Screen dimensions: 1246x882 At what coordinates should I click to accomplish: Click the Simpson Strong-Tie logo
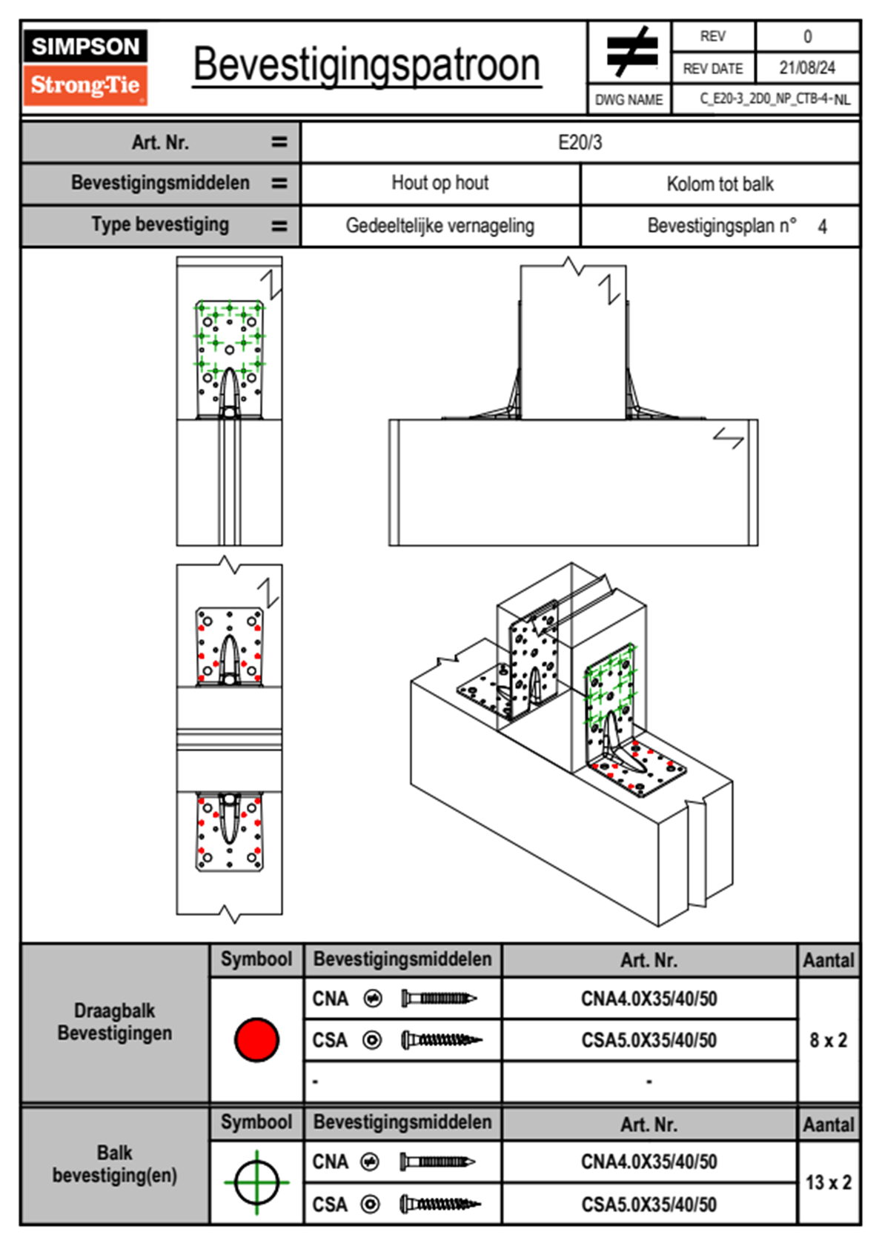click(x=85, y=67)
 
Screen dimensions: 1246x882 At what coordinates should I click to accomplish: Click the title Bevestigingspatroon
click(x=366, y=65)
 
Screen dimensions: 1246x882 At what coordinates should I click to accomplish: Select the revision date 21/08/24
click(x=806, y=68)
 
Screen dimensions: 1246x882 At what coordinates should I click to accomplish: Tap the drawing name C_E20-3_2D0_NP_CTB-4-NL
click(x=775, y=99)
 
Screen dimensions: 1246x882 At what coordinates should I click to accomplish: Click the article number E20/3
click(x=580, y=142)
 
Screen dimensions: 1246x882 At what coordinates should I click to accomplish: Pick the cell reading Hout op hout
click(x=440, y=183)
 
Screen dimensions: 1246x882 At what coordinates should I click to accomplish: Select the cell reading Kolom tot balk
click(x=720, y=184)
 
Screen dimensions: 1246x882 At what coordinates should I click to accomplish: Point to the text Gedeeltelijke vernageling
click(x=440, y=226)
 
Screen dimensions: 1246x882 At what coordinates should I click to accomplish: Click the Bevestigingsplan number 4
click(x=822, y=227)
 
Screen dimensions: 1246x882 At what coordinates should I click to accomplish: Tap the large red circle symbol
click(x=256, y=1039)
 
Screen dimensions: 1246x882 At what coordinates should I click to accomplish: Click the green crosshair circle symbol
click(x=256, y=1182)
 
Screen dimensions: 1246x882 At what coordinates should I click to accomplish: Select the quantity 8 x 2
click(x=828, y=1040)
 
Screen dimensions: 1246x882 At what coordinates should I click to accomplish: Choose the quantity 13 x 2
click(x=828, y=1182)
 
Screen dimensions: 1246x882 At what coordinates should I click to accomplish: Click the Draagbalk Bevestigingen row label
click(x=115, y=1022)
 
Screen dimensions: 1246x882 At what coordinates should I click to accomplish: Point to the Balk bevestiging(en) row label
click(x=115, y=1164)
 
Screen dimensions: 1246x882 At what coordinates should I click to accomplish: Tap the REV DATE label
click(x=712, y=69)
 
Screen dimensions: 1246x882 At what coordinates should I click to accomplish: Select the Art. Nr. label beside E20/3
click(x=160, y=142)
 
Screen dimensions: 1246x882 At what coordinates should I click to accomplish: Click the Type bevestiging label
click(x=160, y=224)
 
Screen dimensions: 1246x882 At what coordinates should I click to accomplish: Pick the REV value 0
click(x=807, y=36)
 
